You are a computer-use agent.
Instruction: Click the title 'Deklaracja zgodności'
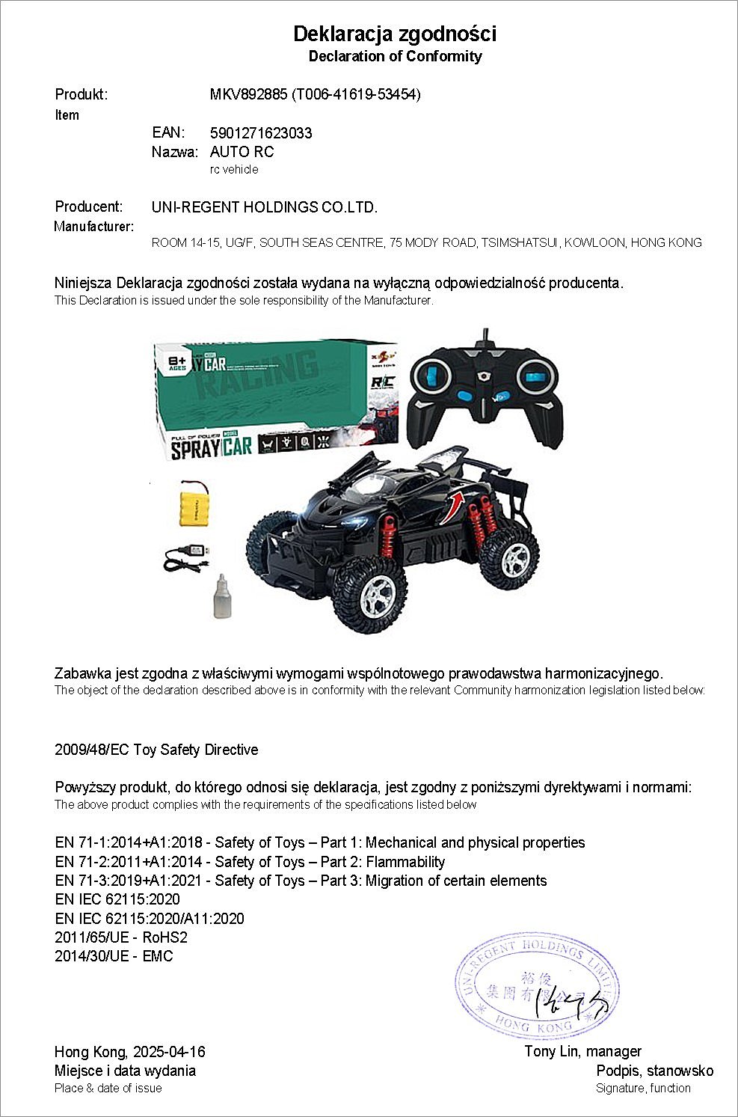394,34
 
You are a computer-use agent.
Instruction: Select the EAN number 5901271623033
261,133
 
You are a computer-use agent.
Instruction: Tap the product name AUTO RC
242,152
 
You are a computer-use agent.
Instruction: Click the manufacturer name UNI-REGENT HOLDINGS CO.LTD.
264,207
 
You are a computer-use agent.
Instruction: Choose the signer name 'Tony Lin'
552,1051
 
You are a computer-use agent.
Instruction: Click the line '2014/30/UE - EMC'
114,956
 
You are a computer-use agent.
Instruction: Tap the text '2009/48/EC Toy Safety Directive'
156,750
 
